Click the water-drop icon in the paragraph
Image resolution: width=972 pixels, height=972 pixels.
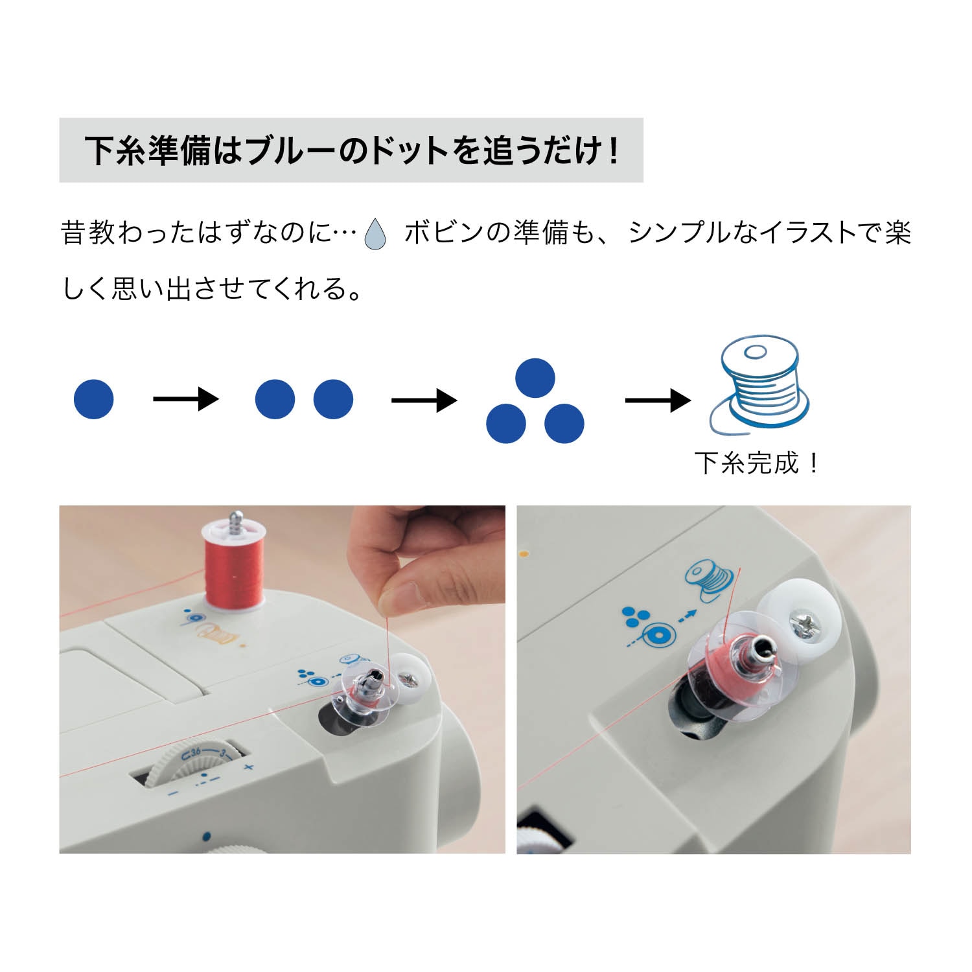pyautogui.click(x=375, y=234)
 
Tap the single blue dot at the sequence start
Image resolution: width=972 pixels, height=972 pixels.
pyautogui.click(x=94, y=399)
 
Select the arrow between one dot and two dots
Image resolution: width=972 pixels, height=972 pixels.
pyautogui.click(x=185, y=399)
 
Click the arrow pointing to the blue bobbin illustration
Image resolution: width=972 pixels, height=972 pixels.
pyautogui.click(x=657, y=400)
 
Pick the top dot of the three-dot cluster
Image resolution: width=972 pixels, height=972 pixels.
pyautogui.click(x=535, y=378)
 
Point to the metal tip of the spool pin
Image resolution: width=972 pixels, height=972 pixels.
pyautogui.click(x=236, y=518)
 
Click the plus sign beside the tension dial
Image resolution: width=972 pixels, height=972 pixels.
pyautogui.click(x=248, y=768)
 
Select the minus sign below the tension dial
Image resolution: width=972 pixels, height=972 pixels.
pyautogui.click(x=173, y=793)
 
